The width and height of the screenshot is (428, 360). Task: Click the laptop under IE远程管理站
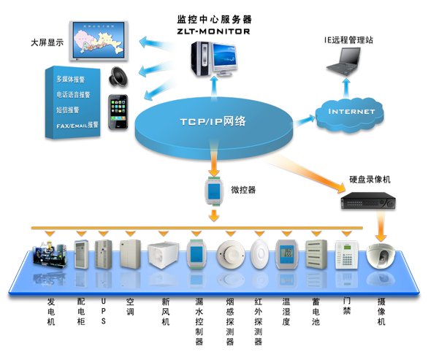pos(343,61)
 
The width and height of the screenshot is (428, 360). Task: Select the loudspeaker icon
pos(118,77)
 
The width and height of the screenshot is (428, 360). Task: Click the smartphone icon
pos(118,112)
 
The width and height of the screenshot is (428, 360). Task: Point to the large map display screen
pos(99,41)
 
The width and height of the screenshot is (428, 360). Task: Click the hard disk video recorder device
pos(368,201)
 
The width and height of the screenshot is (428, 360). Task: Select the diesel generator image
pos(50,254)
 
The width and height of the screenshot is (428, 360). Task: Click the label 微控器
pos(243,190)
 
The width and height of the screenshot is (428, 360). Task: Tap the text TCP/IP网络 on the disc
pos(213,121)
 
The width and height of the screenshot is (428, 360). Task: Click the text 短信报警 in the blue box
pos(68,110)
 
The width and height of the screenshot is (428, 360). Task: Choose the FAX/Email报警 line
pos(77,125)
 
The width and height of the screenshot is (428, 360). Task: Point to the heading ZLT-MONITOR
pos(213,31)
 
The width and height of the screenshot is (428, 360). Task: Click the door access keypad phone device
pos(346,255)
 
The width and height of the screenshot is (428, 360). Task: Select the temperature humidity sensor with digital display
pos(286,254)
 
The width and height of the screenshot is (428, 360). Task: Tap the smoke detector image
pos(231,254)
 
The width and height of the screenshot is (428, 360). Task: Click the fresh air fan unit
pos(163,255)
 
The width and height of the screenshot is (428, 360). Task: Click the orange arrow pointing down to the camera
pos(381,226)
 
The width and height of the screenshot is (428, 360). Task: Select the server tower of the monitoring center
pos(202,58)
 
